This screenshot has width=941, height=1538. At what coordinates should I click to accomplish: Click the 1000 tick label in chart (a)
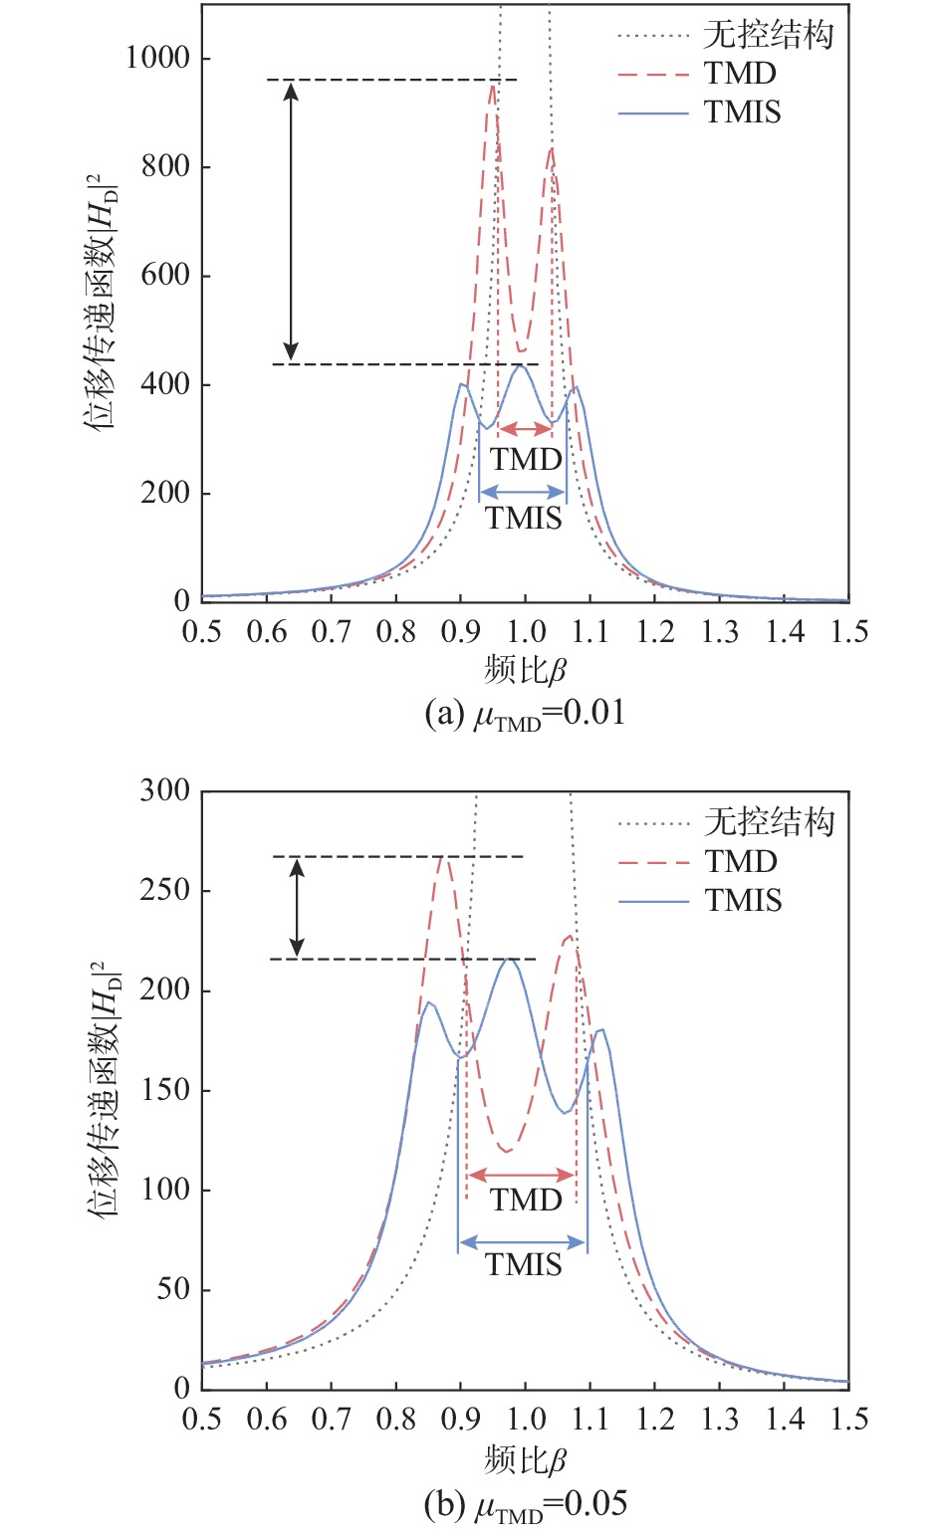(x=157, y=58)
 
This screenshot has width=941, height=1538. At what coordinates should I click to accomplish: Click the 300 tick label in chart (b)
(x=164, y=790)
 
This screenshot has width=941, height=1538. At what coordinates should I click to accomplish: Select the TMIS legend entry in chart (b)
(x=743, y=901)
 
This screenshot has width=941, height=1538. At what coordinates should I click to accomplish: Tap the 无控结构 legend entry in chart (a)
(x=768, y=36)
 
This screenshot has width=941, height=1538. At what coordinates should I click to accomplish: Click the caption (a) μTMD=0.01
(x=525, y=713)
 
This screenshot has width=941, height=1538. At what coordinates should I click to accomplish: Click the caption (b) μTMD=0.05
(x=525, y=1503)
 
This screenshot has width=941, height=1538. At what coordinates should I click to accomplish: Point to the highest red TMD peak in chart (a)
(x=492, y=87)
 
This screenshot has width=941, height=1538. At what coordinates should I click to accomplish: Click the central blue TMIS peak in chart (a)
(x=520, y=366)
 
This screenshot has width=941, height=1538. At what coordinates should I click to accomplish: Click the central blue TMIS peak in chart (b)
(x=509, y=960)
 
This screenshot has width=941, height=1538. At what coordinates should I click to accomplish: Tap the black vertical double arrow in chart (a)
(x=291, y=221)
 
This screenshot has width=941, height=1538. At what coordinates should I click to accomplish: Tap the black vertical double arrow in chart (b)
(x=296, y=907)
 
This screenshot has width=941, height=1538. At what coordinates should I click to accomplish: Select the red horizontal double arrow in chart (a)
(x=525, y=429)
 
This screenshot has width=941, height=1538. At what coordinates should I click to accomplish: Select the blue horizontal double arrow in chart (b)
(x=522, y=1241)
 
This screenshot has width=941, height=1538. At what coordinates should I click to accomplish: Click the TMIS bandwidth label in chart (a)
(x=524, y=518)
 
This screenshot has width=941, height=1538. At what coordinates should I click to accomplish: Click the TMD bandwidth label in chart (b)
(x=526, y=1200)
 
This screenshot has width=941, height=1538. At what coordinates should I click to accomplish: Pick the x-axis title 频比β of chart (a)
(x=525, y=670)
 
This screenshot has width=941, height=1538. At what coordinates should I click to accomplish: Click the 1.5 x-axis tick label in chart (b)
(x=847, y=1419)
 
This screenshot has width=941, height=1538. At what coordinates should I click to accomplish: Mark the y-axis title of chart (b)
(x=102, y=1089)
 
